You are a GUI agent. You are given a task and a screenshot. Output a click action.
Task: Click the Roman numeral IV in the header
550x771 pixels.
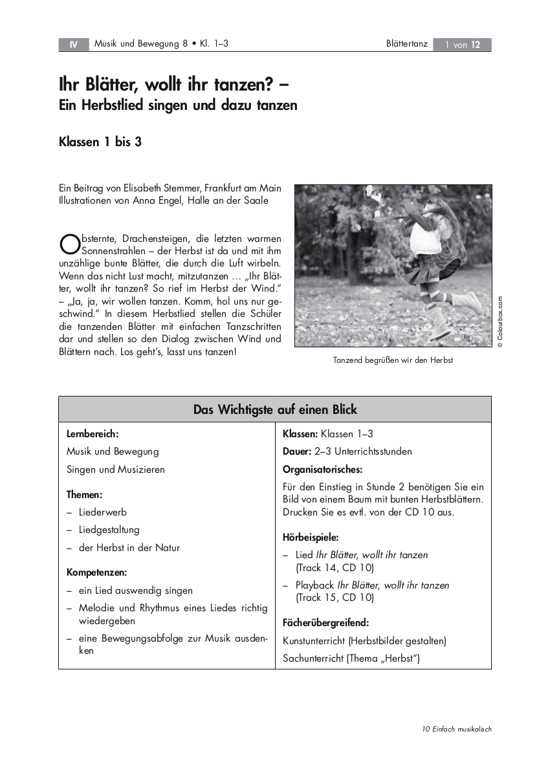(x=73, y=45)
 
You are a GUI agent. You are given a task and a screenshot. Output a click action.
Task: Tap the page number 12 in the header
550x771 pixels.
(x=476, y=45)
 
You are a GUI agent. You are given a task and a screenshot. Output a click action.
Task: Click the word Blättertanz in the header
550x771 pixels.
(x=406, y=44)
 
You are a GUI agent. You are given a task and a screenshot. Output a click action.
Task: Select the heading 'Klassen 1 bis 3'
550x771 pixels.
(x=100, y=142)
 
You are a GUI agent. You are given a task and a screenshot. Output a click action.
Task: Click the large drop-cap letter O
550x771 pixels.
(x=68, y=242)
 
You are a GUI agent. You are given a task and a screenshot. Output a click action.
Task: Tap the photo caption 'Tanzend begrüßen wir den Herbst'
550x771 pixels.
(x=393, y=360)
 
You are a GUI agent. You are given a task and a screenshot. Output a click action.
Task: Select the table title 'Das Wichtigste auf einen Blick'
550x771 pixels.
(x=275, y=409)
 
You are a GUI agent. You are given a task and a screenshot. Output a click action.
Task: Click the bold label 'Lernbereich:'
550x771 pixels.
(x=93, y=434)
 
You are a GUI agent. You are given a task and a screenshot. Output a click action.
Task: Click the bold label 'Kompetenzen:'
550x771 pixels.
(x=96, y=572)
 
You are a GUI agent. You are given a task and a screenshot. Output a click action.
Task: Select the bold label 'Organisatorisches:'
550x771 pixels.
(x=322, y=469)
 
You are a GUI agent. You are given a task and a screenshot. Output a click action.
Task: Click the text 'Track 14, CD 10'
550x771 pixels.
(x=335, y=568)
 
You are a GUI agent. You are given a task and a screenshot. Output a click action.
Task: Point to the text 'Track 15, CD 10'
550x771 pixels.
(x=335, y=598)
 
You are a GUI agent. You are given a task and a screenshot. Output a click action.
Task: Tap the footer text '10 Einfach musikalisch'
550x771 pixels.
(x=457, y=729)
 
